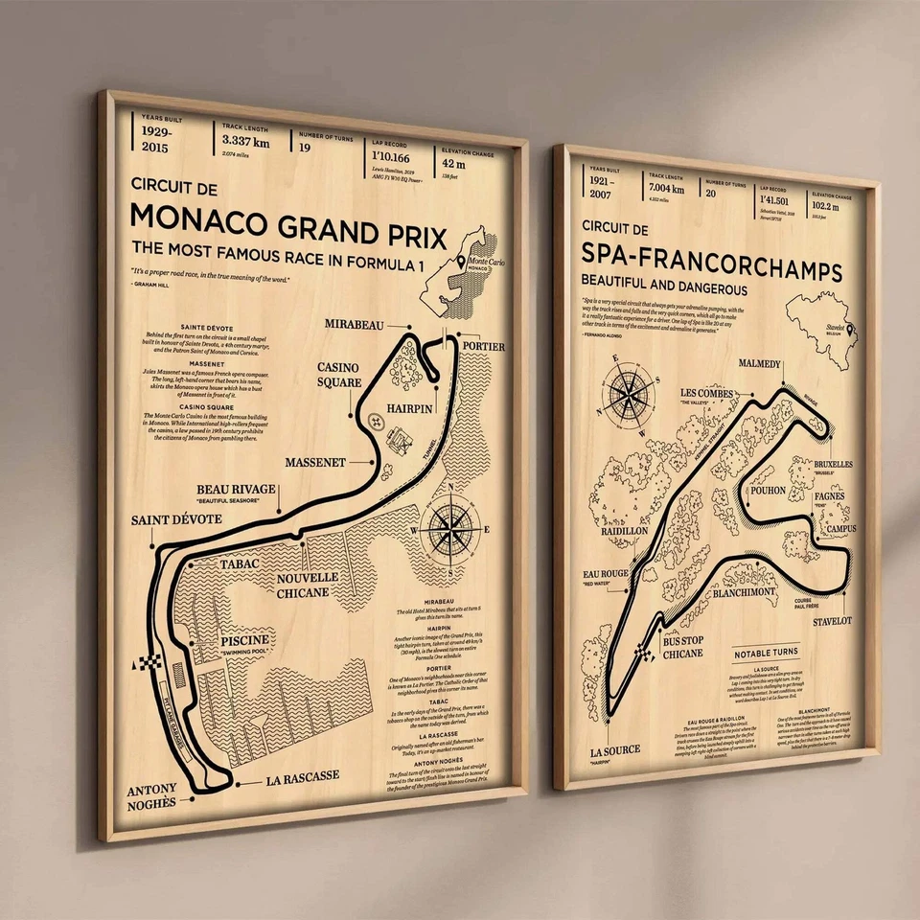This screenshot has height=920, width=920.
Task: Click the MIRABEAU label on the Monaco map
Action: tap(356, 324)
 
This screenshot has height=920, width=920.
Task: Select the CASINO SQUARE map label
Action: tap(339, 375)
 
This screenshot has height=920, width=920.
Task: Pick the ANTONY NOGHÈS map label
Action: tap(152, 796)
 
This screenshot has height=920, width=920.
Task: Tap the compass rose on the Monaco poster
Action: tap(453, 526)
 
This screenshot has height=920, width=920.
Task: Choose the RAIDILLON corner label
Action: tap(623, 530)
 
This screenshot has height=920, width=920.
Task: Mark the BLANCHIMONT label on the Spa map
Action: tap(743, 592)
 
